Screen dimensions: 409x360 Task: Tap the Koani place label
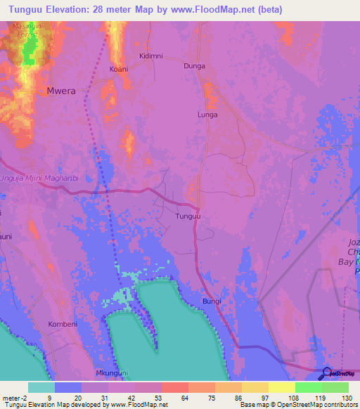coord(119,69)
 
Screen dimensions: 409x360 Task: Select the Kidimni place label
coord(150,56)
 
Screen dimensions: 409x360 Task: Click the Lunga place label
coord(207,115)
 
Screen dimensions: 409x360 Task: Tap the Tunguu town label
coord(188,217)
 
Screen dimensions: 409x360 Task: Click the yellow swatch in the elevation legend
coord(282,387)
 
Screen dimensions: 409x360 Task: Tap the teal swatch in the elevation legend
coord(41,387)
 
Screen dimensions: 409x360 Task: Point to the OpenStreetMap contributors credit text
coord(309,405)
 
